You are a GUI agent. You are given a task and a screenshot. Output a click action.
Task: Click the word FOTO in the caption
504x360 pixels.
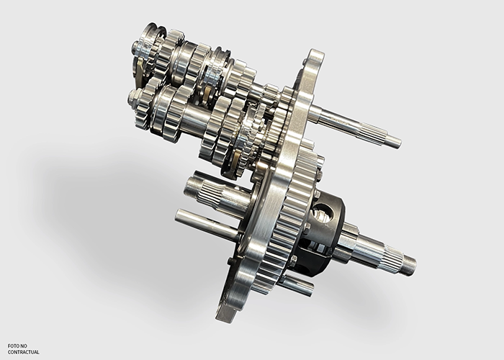[14, 346]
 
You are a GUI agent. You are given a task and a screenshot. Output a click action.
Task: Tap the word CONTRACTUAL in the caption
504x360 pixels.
[24, 352]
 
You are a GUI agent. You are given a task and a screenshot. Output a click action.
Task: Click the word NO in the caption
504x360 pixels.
[24, 346]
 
